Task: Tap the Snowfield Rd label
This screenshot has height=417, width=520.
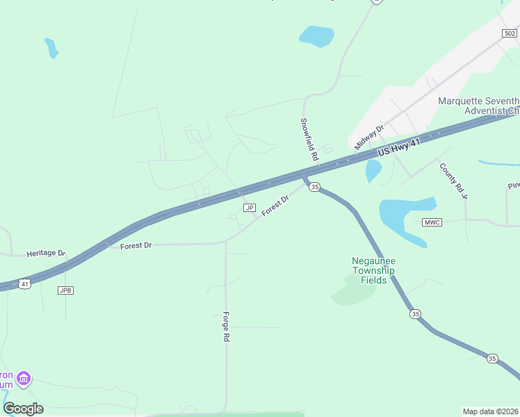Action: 309,139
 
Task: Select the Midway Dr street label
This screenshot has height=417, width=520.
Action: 369,137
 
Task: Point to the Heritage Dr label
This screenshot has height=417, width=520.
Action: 46,254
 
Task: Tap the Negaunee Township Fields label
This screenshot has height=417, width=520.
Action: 373,271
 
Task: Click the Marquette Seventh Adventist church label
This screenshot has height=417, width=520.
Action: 479,106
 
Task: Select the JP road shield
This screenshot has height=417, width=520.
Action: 249,208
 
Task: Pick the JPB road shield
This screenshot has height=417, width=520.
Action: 66,290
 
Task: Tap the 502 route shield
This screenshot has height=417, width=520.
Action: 510,33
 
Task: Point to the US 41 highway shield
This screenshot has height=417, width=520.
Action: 25,284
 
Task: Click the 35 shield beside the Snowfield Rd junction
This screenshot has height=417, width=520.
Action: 314,187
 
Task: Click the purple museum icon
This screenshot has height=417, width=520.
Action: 24,379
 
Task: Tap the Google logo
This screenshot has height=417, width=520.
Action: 23,408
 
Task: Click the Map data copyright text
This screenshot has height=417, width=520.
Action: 490,411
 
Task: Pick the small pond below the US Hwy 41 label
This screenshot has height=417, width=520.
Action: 373,170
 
